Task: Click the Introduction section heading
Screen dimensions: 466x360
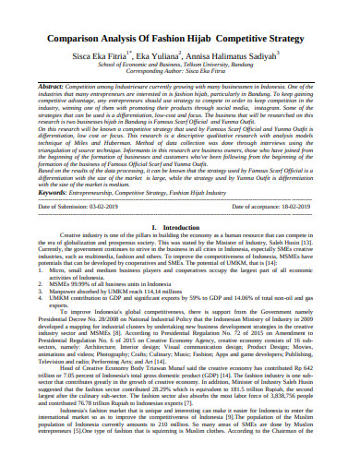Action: coord(180,228)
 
